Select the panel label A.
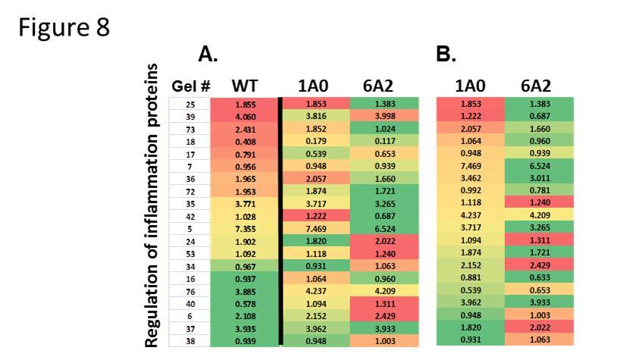click(208, 54)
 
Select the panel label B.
click(447, 54)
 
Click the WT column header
click(244, 86)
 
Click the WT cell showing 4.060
click(244, 115)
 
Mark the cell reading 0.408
click(244, 139)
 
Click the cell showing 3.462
click(471, 177)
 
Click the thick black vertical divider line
click(281, 220)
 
